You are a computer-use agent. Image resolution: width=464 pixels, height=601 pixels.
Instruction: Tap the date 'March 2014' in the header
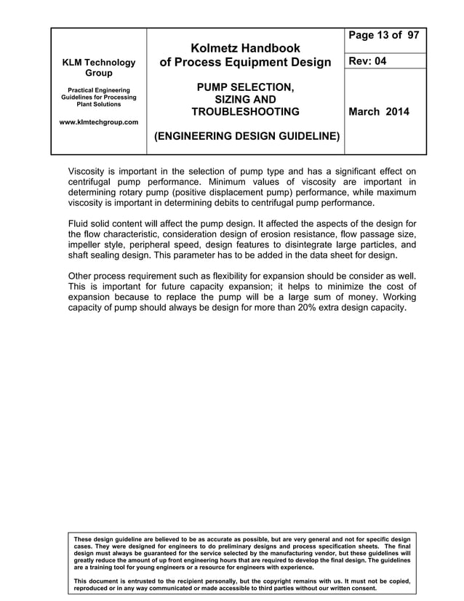point(379,112)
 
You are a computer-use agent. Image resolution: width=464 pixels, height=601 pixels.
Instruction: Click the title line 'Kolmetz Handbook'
point(246,47)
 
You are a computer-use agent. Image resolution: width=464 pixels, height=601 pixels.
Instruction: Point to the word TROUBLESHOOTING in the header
point(245,112)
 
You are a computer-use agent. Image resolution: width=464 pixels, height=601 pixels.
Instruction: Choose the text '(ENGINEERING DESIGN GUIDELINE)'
point(245,135)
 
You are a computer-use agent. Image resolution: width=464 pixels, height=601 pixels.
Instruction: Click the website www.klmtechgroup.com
point(98,122)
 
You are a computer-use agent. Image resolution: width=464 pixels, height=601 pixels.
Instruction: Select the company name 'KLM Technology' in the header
point(98,63)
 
